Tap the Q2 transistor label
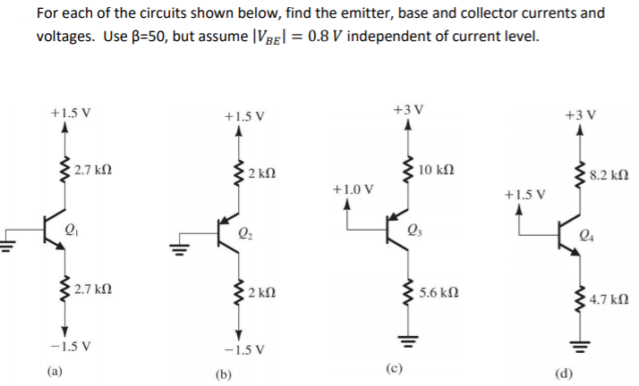point(245,236)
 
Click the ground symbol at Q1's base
point(7,242)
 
